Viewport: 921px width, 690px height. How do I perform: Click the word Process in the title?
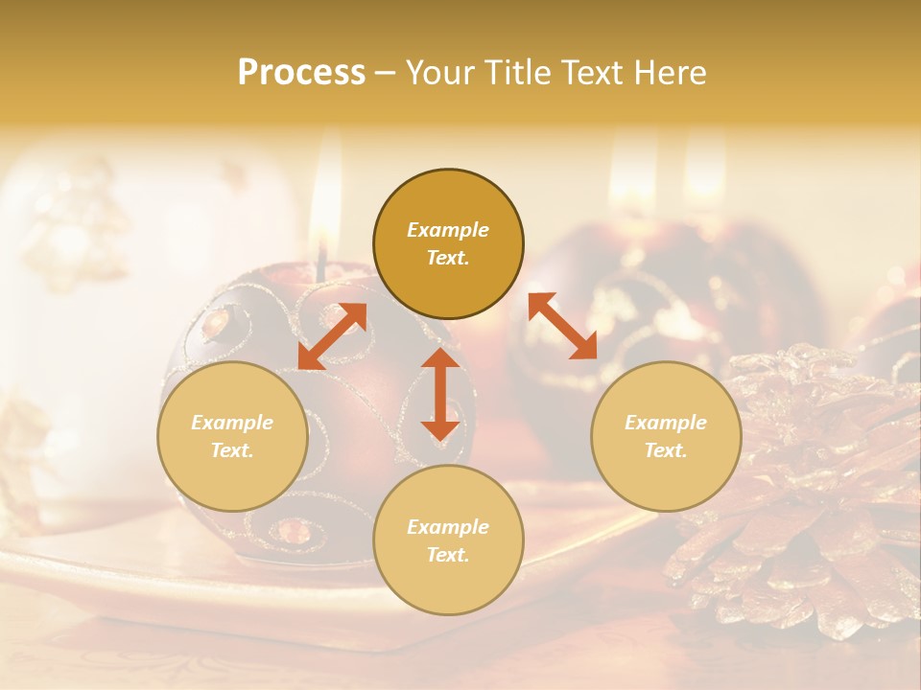click(x=301, y=73)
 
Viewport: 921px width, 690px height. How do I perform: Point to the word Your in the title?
click(x=438, y=73)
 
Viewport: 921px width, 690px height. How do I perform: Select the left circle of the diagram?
click(x=232, y=437)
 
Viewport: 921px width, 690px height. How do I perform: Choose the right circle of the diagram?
click(x=666, y=437)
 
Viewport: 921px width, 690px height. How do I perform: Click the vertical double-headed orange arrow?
click(x=440, y=394)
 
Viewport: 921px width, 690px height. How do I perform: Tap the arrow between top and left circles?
click(x=332, y=336)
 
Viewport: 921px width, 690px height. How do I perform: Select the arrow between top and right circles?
click(x=563, y=326)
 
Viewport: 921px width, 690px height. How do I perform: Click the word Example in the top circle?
click(x=448, y=230)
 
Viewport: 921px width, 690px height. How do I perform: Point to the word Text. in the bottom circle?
click(x=448, y=555)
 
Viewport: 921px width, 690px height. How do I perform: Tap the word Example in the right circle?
click(x=666, y=423)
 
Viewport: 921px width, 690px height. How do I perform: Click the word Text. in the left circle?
click(x=232, y=450)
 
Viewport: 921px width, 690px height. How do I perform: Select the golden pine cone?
click(x=806, y=489)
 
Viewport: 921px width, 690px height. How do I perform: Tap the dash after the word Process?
click(x=385, y=74)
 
